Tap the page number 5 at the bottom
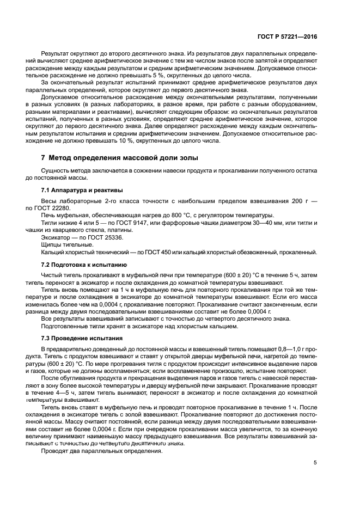coord(315,463)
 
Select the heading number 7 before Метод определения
coord(44,158)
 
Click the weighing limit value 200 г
coord(297,201)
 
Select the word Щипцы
coord(52,245)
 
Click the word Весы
coord(50,201)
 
